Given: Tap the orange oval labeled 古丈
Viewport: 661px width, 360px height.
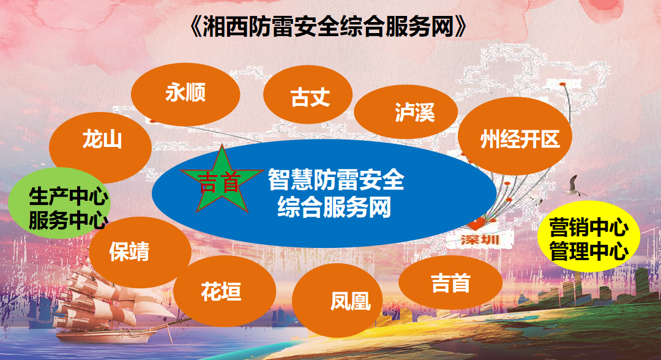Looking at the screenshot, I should point(308,96).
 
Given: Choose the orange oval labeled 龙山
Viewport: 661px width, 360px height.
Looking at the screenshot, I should point(100,140).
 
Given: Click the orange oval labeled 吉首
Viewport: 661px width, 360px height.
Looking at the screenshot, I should point(450,283).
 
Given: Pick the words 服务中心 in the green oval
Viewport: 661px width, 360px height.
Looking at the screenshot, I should point(68,220).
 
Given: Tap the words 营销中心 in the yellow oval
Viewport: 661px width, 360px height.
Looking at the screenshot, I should point(589,228).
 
